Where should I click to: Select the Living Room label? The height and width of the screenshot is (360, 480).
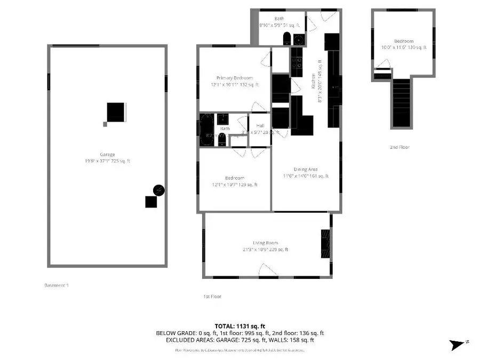266,243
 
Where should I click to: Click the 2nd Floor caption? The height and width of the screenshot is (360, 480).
399,147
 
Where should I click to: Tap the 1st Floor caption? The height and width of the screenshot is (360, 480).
211,297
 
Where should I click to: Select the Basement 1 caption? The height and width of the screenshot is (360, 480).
56,285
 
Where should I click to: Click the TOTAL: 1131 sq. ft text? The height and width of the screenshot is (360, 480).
239,326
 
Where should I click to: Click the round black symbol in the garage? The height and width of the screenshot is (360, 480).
159,189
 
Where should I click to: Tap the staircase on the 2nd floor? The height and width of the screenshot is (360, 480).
402,102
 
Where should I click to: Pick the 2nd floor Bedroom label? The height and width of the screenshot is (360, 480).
403,41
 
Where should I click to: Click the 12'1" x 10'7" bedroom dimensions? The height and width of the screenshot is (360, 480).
235,185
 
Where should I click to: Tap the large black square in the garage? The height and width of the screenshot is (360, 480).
117,113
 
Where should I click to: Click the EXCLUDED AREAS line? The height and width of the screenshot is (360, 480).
239,340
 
